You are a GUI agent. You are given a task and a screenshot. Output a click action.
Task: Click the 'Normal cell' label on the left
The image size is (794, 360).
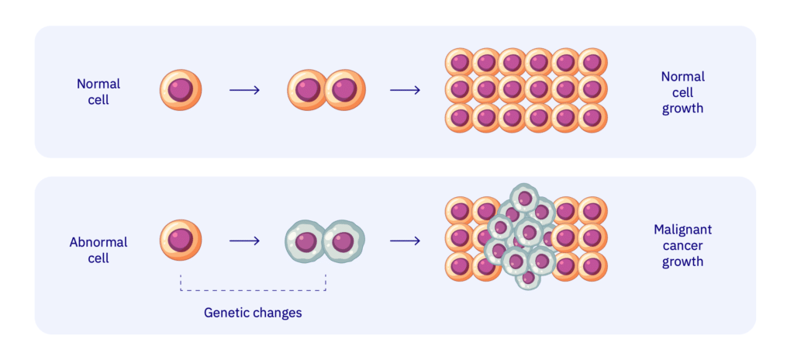click(x=98, y=92)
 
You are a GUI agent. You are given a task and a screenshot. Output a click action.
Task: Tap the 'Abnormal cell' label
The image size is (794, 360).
click(x=98, y=250)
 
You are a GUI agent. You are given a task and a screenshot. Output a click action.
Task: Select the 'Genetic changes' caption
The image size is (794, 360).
click(x=253, y=313)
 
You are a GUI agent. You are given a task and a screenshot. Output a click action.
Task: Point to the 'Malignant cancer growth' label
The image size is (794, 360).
click(x=682, y=245)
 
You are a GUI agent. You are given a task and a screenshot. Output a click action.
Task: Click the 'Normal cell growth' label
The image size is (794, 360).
click(x=682, y=92)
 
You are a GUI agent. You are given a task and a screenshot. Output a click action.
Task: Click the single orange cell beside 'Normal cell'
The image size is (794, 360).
click(x=181, y=90)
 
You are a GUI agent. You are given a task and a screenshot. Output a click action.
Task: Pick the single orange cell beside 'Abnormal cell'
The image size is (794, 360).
click(x=181, y=240)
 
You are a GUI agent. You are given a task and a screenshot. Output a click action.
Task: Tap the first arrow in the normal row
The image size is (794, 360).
click(x=244, y=90)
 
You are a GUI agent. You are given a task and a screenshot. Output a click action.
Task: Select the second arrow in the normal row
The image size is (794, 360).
click(x=405, y=90)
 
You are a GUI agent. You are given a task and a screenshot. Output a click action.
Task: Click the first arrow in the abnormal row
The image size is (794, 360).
click(x=244, y=241)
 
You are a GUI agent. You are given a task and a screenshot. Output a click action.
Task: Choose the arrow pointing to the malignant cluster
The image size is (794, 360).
click(x=405, y=241)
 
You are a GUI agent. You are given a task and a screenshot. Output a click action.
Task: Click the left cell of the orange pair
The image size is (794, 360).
click(x=307, y=90)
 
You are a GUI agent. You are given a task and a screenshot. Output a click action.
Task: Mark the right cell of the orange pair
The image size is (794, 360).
click(x=345, y=90)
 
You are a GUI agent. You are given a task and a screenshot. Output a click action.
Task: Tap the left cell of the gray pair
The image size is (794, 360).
click(x=305, y=241)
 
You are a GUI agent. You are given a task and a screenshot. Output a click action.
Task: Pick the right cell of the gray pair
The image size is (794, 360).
click(x=343, y=241)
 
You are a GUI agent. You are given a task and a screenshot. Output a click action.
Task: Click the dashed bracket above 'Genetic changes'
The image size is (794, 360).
click(x=253, y=290)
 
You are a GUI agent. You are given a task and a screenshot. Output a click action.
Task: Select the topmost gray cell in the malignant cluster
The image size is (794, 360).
click(x=525, y=197)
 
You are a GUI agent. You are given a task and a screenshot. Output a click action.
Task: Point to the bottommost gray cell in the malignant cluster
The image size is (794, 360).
click(x=527, y=277)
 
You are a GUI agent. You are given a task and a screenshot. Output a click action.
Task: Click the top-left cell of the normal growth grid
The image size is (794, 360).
click(x=459, y=62)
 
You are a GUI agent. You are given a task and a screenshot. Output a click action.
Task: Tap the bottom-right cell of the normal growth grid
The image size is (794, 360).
click(x=592, y=118)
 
